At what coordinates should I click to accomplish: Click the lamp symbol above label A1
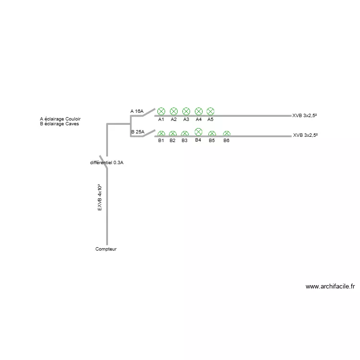click(161, 111)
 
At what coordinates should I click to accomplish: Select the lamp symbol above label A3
click(186, 111)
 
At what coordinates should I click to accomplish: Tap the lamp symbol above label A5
click(210, 111)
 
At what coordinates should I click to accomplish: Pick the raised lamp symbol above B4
click(198, 132)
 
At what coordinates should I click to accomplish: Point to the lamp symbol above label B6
click(227, 133)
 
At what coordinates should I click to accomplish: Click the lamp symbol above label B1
click(161, 133)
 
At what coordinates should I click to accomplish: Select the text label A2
click(174, 120)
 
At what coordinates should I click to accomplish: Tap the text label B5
click(212, 140)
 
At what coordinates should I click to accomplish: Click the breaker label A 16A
click(137, 111)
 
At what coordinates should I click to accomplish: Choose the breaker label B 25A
click(138, 132)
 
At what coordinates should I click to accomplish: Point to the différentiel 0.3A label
click(107, 163)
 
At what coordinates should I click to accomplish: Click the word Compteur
click(106, 249)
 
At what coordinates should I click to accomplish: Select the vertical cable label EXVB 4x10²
click(100, 197)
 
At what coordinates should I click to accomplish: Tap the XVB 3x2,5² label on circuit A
click(304, 116)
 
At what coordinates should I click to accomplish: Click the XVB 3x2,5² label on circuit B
click(305, 135)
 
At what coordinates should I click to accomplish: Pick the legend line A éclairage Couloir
click(60, 119)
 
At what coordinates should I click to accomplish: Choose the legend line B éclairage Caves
click(60, 124)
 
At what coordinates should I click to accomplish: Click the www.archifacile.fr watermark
click(330, 287)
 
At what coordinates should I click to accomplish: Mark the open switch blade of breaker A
click(149, 112)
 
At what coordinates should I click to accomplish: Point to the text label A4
click(199, 120)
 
